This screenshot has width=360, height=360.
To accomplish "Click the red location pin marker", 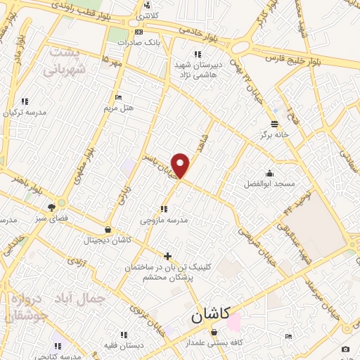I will [181, 165].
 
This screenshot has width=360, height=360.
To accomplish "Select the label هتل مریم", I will [118, 108].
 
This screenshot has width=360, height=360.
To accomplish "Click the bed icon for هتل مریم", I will [118, 97].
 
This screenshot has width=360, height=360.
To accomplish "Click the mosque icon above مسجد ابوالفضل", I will [269, 173].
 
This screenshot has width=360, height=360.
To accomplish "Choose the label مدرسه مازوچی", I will [164, 220].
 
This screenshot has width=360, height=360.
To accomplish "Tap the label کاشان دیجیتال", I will [108, 240].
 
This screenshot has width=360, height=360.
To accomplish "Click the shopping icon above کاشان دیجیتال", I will [107, 229].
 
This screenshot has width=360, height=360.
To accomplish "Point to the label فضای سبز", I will [51, 218].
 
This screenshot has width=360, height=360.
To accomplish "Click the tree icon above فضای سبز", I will [51, 207].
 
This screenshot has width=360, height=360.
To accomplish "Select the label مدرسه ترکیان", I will [25, 112].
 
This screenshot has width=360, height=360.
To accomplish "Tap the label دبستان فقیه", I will [124, 345].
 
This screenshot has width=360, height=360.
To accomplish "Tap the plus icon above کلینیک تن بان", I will [167, 256].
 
